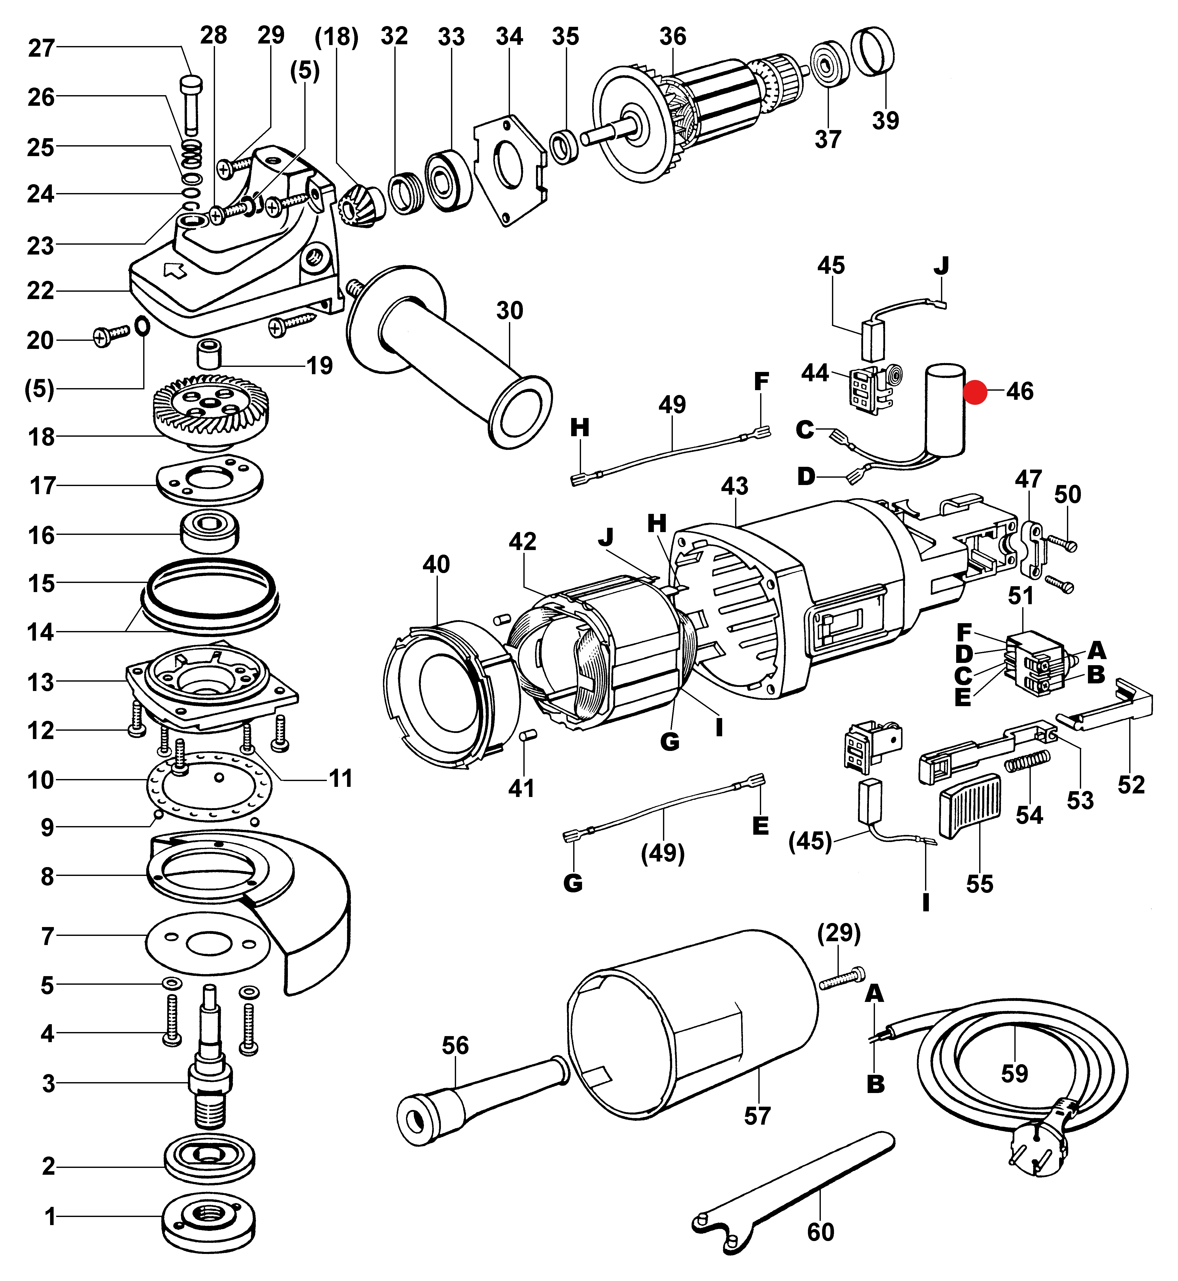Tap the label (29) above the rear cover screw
tap(839, 933)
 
